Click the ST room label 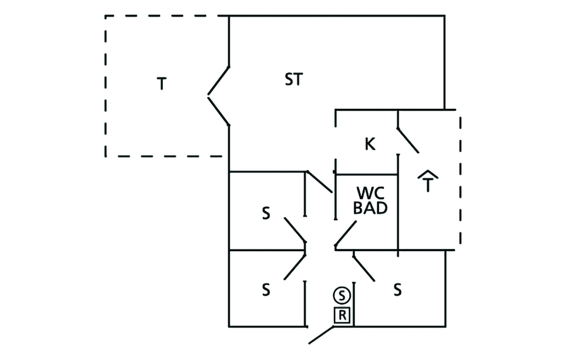(x=294, y=80)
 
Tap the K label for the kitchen (x=370, y=145)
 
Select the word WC (x=370, y=193)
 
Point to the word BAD (x=370, y=208)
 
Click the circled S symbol (x=342, y=295)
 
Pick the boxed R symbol (x=342, y=316)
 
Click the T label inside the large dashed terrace (x=161, y=84)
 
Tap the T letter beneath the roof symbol (x=428, y=186)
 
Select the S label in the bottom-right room (x=397, y=289)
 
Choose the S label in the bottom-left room (x=266, y=289)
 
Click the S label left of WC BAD (x=266, y=214)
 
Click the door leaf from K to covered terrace (x=408, y=140)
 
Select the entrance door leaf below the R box (x=322, y=335)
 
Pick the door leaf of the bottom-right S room (x=364, y=268)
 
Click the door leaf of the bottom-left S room (x=295, y=266)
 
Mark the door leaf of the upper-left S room (x=295, y=230)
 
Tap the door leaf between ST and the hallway (x=319, y=182)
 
